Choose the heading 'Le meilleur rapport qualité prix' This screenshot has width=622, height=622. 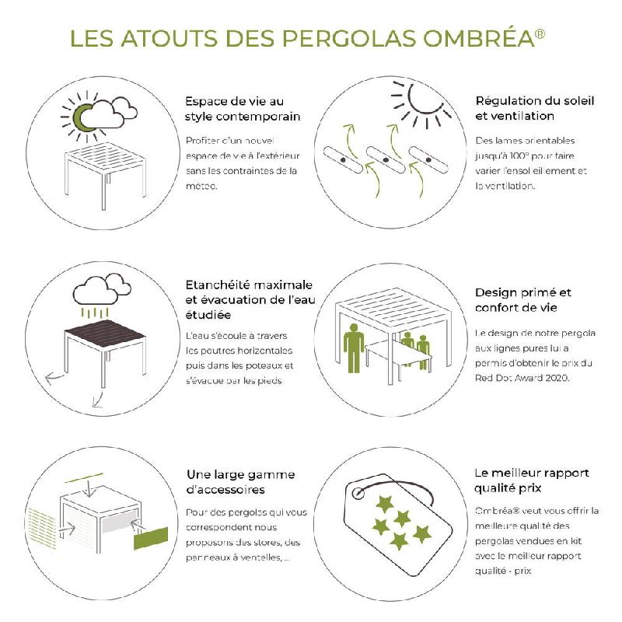531,480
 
